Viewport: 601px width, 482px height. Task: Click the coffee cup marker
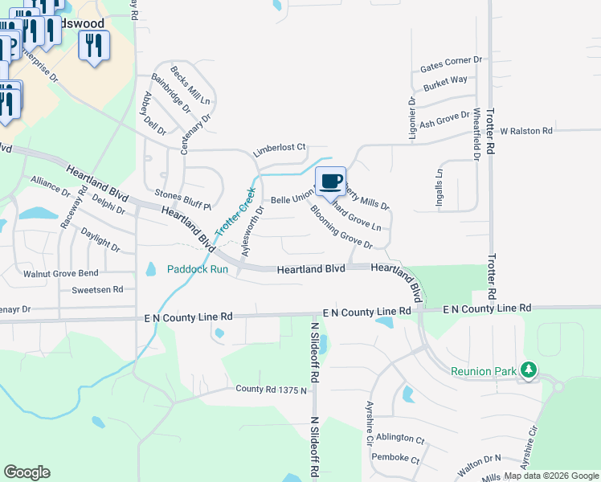click(330, 182)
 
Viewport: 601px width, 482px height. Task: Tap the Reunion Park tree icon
click(528, 370)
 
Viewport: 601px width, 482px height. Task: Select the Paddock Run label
click(198, 270)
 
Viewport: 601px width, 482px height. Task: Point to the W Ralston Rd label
click(526, 130)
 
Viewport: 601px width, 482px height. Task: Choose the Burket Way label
click(446, 81)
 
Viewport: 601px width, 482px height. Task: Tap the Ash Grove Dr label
click(444, 120)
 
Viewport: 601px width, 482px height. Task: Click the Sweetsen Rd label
click(97, 289)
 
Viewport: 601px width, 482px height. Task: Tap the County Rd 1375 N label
click(272, 390)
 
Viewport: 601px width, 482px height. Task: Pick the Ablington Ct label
click(399, 439)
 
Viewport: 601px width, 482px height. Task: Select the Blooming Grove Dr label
click(341, 227)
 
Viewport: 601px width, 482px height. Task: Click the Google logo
click(27, 472)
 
